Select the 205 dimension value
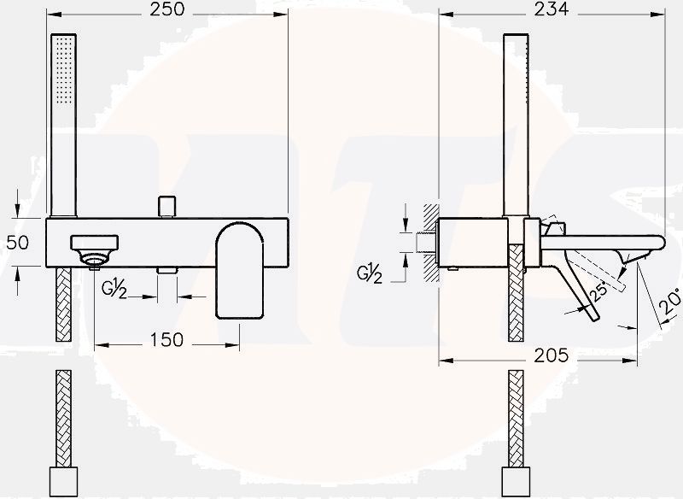[x=551, y=355]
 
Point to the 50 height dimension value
[x=18, y=242]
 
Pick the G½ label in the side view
[x=369, y=274]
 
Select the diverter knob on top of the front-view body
[x=166, y=206]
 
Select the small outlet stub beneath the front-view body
[x=166, y=270]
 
